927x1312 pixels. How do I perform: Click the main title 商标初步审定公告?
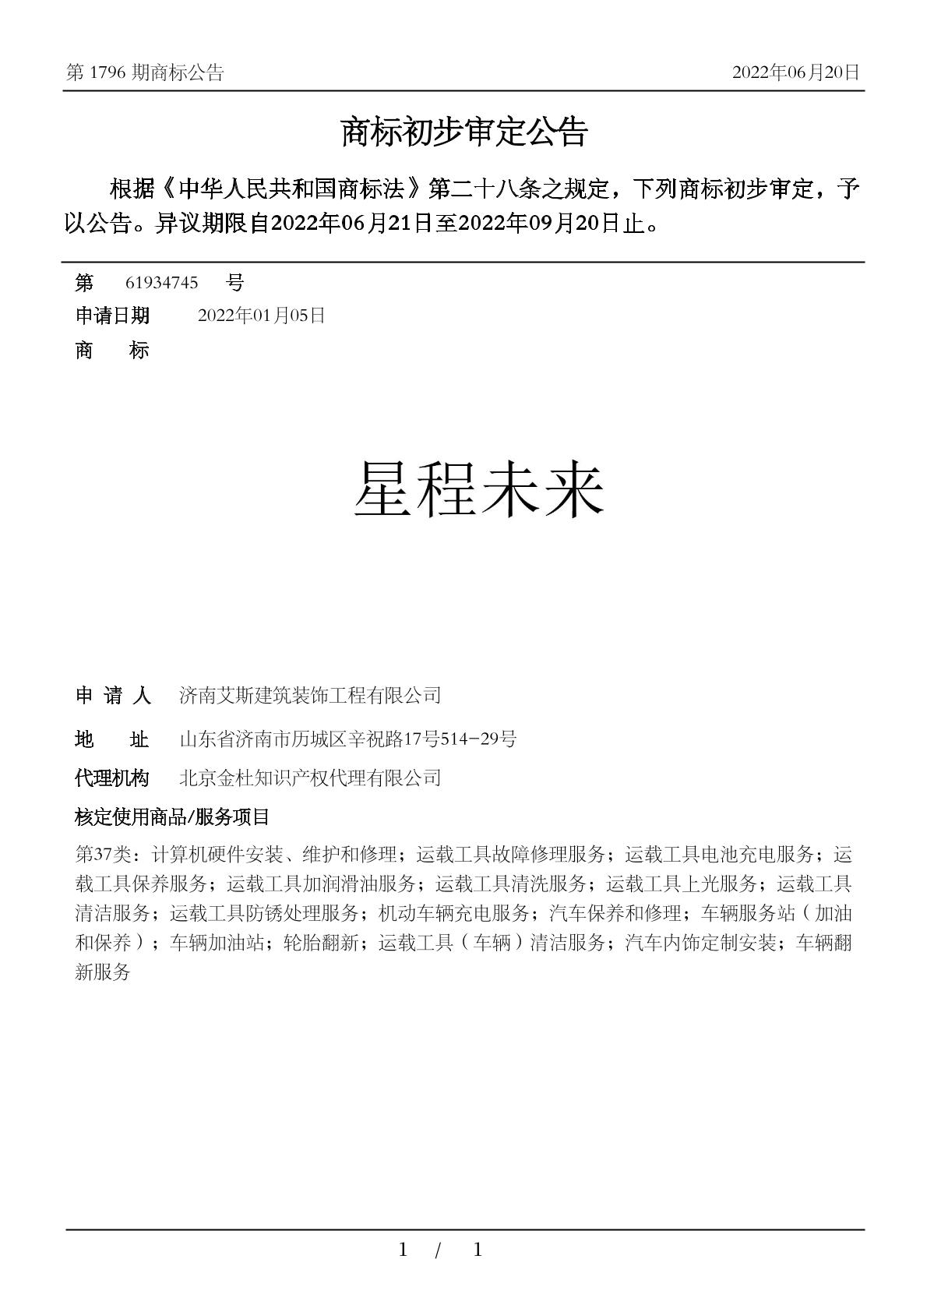[463, 133]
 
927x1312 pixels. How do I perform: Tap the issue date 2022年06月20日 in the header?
[795, 72]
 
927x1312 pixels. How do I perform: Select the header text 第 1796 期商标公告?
[146, 72]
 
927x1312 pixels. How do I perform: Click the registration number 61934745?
[161, 282]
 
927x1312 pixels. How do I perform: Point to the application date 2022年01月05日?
[261, 316]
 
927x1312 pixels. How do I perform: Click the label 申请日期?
[112, 316]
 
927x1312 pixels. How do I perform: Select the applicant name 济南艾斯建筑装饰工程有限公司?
[310, 695]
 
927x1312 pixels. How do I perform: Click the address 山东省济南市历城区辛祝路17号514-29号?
[347, 739]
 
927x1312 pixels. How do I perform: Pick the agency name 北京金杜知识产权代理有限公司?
[310, 778]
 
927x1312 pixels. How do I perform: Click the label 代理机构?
[112, 778]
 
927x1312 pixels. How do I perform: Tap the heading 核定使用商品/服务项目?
[172, 816]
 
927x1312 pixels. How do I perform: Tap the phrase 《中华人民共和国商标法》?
[295, 189]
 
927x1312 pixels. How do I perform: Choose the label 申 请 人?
[112, 695]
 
